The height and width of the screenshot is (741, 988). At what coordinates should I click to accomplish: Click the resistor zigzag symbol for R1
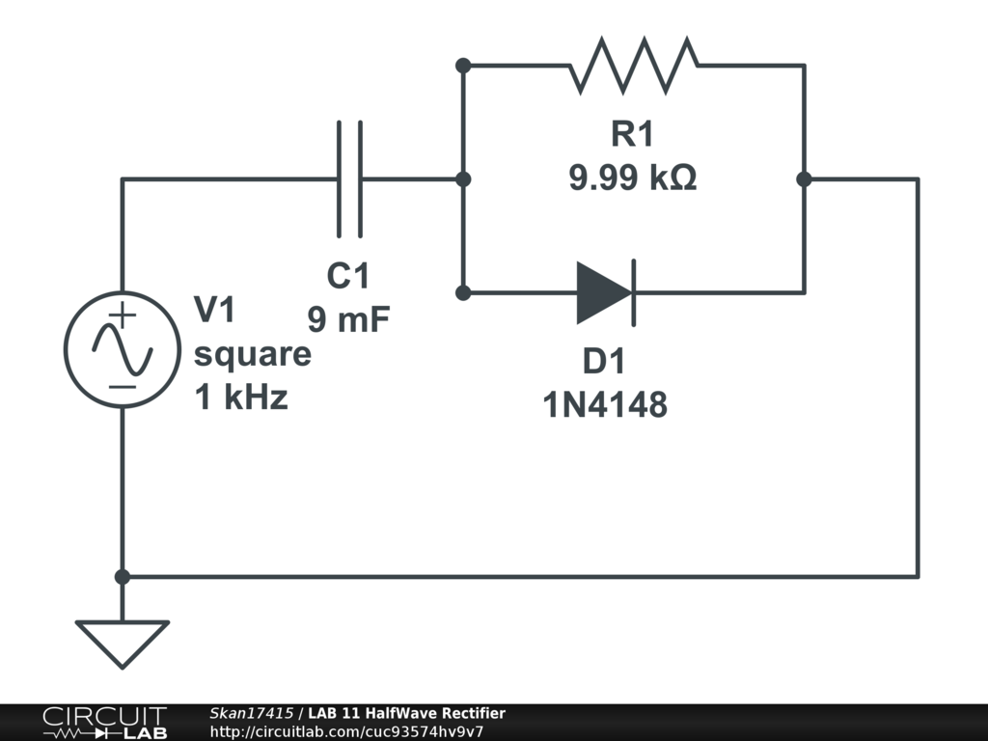(x=634, y=66)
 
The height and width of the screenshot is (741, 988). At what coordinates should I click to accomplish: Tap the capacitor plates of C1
(x=349, y=178)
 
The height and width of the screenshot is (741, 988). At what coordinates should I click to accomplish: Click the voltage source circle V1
(x=123, y=349)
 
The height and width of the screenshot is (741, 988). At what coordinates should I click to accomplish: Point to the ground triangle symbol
(x=123, y=642)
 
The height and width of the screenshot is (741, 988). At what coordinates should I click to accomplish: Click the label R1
(x=632, y=135)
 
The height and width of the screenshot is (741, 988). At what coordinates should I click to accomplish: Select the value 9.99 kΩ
(x=632, y=178)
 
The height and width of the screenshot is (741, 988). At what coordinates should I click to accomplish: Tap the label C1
(x=348, y=276)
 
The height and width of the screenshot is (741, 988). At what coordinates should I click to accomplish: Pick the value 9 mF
(x=348, y=318)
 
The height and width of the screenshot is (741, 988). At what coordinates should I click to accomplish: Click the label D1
(x=604, y=362)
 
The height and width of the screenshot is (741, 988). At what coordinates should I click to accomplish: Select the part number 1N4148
(x=604, y=405)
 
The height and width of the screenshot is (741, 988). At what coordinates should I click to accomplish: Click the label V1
(x=214, y=311)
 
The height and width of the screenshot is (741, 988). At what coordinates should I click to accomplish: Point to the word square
(x=253, y=355)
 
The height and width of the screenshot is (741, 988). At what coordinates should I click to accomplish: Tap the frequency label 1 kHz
(x=241, y=398)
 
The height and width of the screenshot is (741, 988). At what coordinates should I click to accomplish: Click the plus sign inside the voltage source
(x=123, y=316)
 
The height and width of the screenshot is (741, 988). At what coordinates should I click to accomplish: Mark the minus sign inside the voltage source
(x=123, y=387)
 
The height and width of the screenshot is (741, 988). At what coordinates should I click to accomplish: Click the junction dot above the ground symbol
(x=123, y=577)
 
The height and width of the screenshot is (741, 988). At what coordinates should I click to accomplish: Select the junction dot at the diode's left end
(x=463, y=292)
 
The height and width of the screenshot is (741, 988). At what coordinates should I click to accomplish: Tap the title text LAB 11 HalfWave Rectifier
(x=406, y=713)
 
